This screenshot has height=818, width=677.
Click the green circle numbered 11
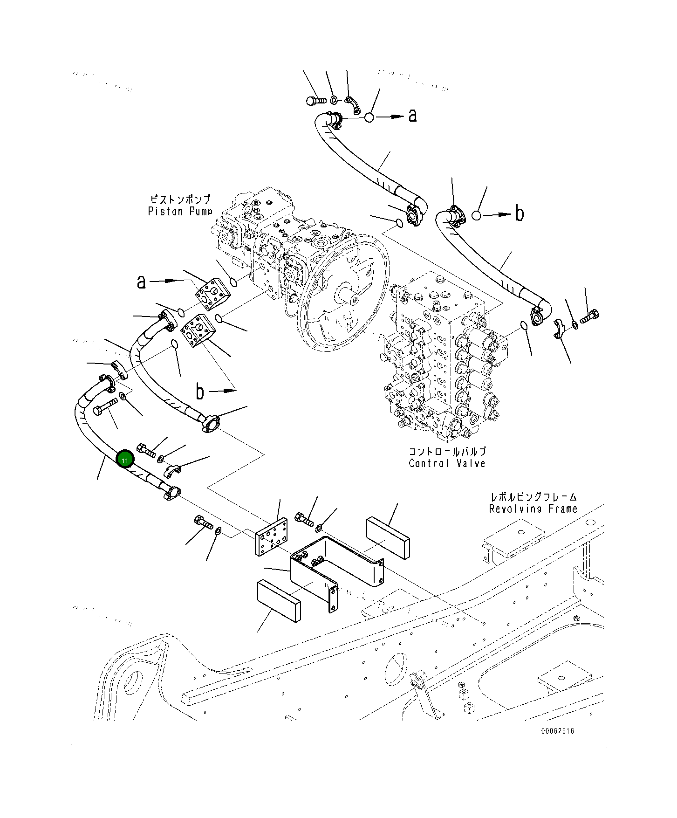point(125,460)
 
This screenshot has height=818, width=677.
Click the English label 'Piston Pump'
point(180,211)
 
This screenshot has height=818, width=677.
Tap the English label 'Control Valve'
point(447,463)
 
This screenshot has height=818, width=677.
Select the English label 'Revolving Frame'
point(533,509)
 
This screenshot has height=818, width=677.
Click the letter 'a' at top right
point(412,116)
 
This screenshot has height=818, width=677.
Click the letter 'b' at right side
point(519,214)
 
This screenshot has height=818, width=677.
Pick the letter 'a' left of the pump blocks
point(141,282)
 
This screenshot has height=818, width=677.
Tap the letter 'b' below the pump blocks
point(199,392)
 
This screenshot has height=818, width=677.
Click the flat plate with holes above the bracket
point(272,537)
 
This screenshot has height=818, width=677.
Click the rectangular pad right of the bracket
point(388,537)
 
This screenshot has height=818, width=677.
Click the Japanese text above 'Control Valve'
point(447,452)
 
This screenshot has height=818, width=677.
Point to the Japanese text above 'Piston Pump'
point(180,199)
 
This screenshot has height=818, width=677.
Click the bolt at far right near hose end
point(589,317)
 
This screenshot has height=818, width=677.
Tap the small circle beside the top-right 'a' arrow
point(369,117)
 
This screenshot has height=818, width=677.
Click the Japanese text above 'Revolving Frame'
point(533,497)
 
